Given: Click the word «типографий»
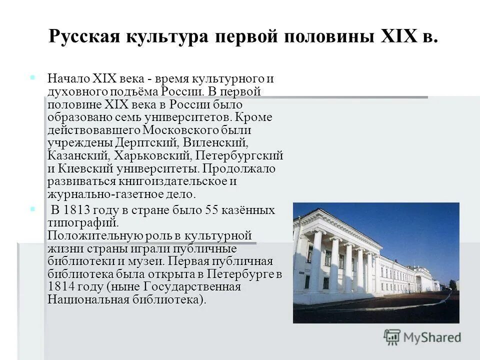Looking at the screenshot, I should (x=83, y=222).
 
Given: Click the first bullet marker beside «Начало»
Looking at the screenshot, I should (x=32, y=78).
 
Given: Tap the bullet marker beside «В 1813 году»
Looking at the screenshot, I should (x=32, y=208).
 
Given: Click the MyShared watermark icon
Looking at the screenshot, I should (x=392, y=337).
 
